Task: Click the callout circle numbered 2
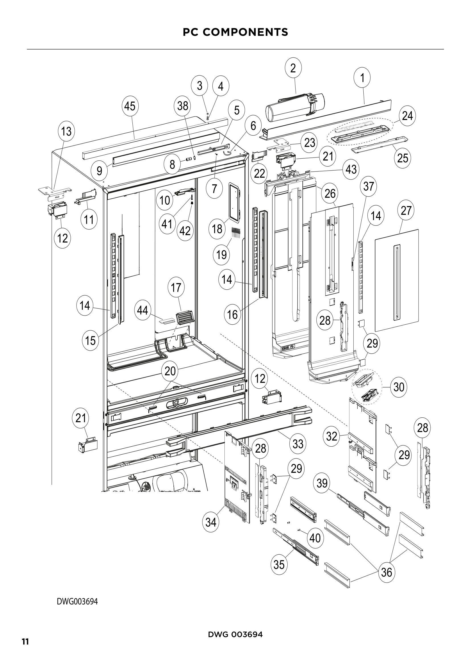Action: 293,68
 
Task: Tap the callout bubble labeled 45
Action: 130,106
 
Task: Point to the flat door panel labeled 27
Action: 397,280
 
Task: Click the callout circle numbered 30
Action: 399,387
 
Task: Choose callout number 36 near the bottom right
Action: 387,572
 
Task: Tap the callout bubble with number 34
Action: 211,522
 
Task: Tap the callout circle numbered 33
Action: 298,444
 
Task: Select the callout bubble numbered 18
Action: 217,229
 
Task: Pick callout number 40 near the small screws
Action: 315,538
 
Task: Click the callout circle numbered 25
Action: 403,158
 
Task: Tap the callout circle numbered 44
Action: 142,310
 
